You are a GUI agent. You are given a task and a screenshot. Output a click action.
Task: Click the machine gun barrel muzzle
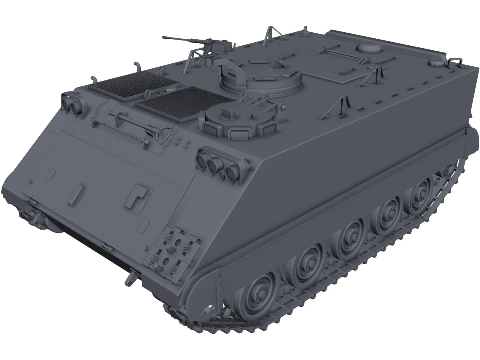[x=164, y=37]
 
